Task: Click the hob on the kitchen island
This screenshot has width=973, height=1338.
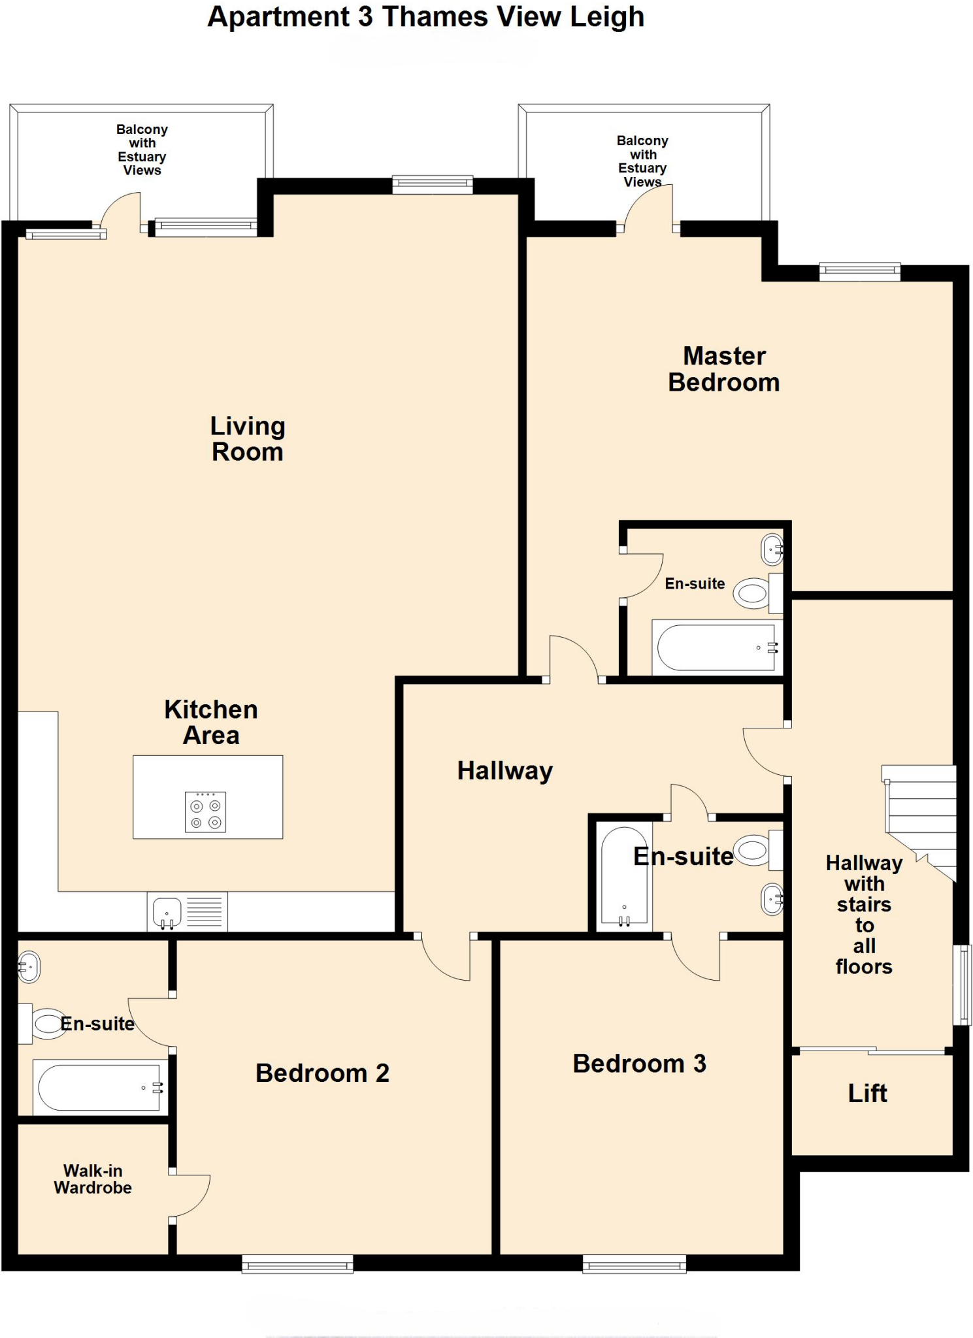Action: pyautogui.click(x=205, y=812)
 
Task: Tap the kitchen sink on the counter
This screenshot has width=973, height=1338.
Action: pyautogui.click(x=167, y=911)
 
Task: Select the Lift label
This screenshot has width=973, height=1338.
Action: pyautogui.click(x=867, y=1094)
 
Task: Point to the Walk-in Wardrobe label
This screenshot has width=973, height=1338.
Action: pyautogui.click(x=93, y=1179)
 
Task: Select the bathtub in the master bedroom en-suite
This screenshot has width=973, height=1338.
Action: pyautogui.click(x=717, y=648)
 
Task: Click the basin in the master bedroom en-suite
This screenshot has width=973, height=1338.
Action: pyautogui.click(x=772, y=550)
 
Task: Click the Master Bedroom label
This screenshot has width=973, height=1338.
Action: pyautogui.click(x=723, y=369)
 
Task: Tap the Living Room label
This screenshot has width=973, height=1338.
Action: pyautogui.click(x=247, y=439)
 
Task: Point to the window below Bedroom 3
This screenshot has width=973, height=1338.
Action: pyautogui.click(x=634, y=1265)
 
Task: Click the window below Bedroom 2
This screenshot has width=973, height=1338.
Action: pyautogui.click(x=297, y=1265)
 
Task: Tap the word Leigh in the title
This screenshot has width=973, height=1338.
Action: pyautogui.click(x=606, y=18)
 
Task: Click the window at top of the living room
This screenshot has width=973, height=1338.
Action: pyautogui.click(x=432, y=185)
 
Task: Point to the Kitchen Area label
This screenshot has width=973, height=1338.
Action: pyautogui.click(x=211, y=723)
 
